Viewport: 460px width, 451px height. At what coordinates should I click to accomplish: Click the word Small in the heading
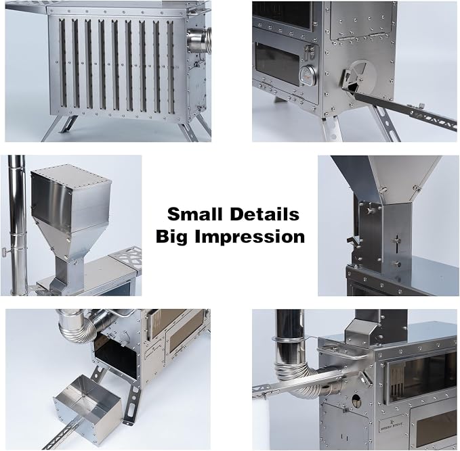coord(194,214)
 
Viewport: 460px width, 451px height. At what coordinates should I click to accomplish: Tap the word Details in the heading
coord(265,214)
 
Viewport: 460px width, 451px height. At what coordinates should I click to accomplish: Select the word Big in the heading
coord(171,237)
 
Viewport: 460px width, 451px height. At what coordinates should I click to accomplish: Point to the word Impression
coord(250,237)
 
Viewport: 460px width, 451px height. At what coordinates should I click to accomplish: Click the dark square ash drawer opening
coord(116,355)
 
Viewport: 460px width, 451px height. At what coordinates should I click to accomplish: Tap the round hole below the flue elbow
coord(356,400)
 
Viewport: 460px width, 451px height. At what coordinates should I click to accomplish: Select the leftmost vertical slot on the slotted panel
coord(62,63)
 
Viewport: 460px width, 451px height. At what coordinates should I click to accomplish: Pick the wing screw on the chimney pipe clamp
coord(5,252)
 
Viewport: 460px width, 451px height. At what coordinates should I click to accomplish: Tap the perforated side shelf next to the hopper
coord(125,257)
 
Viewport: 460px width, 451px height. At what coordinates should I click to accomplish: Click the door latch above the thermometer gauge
coord(311,52)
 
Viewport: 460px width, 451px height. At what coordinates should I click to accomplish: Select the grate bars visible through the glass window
coord(396,379)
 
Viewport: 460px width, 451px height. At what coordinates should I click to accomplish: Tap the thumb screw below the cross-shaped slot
coord(397,264)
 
